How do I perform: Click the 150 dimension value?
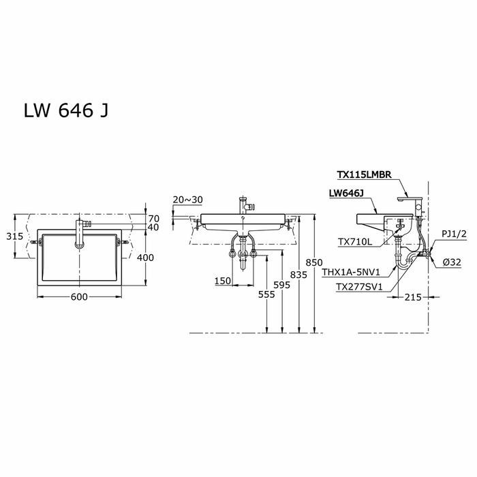[221, 281]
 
